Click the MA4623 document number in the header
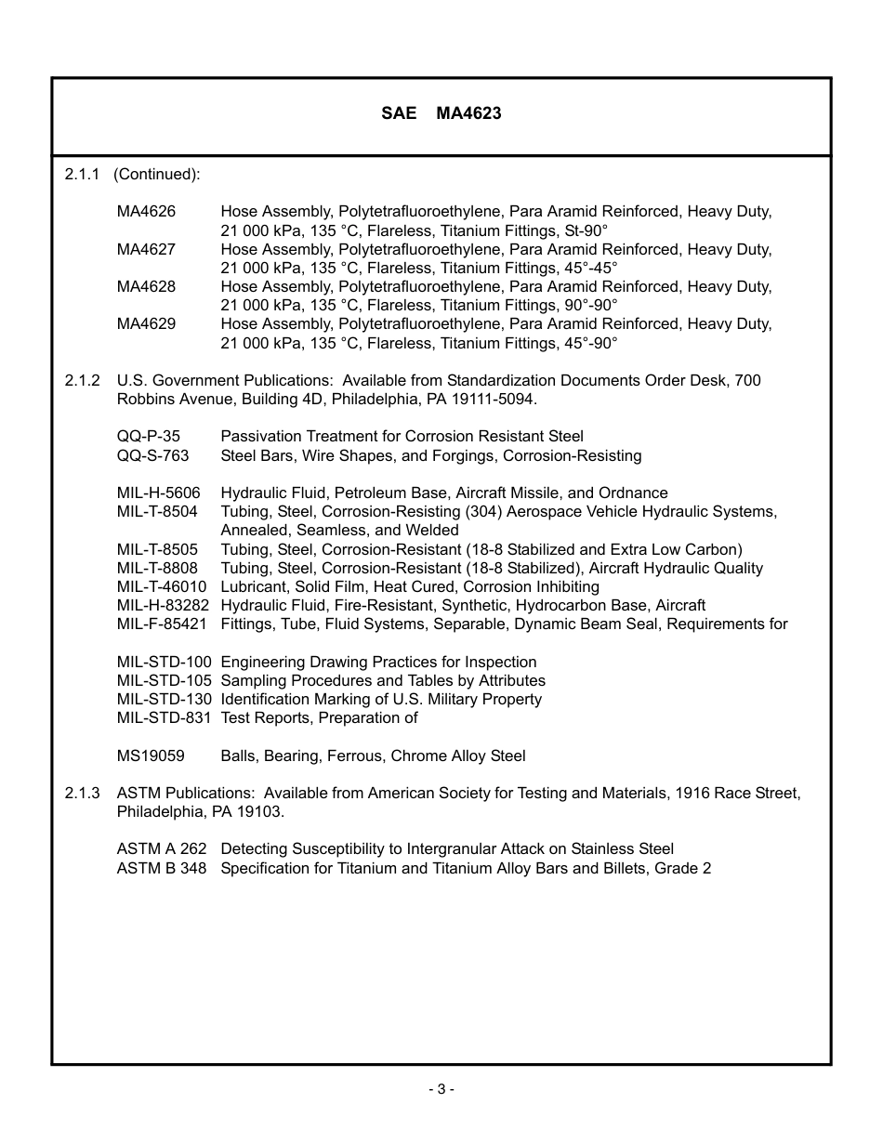[468, 113]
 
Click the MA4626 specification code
[146, 212]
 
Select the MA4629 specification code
[146, 324]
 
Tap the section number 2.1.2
[83, 381]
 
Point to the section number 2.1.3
[83, 794]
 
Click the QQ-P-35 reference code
[149, 437]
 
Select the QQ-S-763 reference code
[152, 455]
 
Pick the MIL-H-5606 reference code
[158, 493]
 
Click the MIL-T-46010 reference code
[162, 587]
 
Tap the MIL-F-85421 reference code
[162, 624]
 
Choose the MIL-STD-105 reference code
[164, 681]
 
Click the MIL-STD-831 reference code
[164, 718]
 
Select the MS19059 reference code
[151, 756]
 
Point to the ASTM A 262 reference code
[162, 849]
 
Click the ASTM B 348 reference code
[162, 869]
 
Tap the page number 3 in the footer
[441, 1089]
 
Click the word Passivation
[260, 437]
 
